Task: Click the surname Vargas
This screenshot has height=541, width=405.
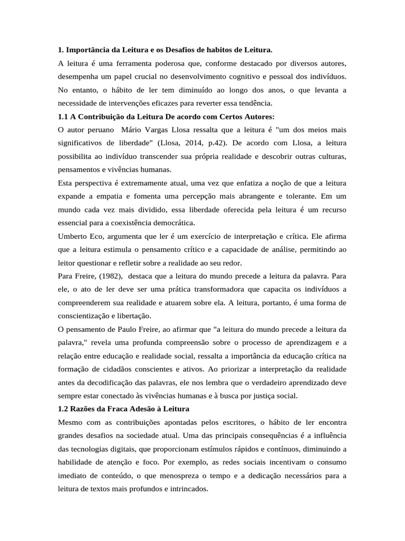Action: click(158, 129)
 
